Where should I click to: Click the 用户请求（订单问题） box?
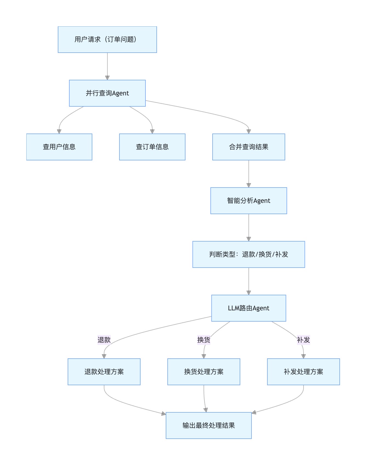pos(107,39)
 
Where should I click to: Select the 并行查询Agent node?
pos(107,93)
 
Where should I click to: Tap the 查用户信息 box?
pos(59,147)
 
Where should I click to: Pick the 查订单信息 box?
pos(152,147)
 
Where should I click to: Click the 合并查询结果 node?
pos(249,147)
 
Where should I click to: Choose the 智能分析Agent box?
pos(249,201)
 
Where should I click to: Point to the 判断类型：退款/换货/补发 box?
pos(249,254)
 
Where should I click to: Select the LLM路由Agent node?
pos(249,308)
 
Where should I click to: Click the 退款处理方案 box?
pos(104,372)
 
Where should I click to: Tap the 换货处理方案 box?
pos(204,372)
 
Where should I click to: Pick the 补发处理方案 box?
pos(304,372)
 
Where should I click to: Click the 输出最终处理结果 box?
pos(209,426)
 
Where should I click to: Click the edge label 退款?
pos(104,340)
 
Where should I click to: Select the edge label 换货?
pos(204,340)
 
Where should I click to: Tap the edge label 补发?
pos(304,340)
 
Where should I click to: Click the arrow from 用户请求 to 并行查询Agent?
pos(107,66)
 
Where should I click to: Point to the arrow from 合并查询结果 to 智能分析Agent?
pos(249,173)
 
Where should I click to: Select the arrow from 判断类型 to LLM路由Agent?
pos(249,281)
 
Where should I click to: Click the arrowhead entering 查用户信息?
pos(59,132)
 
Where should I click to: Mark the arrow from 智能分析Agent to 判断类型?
pos(249,227)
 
